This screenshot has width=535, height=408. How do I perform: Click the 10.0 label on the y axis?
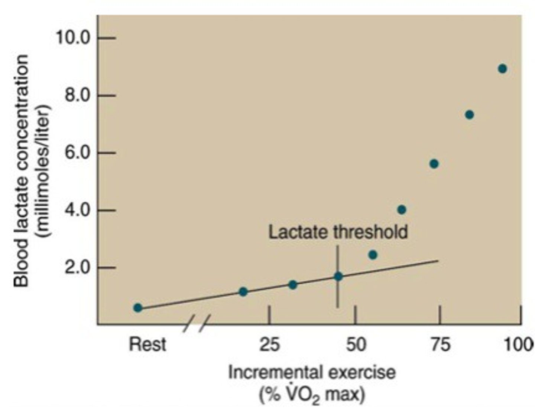click(x=73, y=38)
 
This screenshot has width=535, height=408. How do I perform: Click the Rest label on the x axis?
click(x=147, y=344)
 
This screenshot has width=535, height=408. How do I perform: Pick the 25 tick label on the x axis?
click(x=269, y=345)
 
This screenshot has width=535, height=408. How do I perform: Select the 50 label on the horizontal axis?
click(x=356, y=345)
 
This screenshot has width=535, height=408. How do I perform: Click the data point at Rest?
click(x=138, y=308)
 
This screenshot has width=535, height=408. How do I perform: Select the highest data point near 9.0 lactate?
click(x=502, y=69)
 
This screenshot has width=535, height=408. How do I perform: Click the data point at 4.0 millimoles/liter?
click(x=401, y=210)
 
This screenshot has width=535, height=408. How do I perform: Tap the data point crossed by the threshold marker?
click(x=338, y=276)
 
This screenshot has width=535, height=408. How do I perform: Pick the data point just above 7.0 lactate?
click(x=469, y=115)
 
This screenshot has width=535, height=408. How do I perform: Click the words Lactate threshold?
click(x=338, y=232)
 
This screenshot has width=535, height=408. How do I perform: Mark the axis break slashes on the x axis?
click(x=197, y=323)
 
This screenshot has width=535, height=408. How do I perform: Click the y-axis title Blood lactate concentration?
click(x=21, y=171)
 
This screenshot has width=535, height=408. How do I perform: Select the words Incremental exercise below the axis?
click(x=312, y=372)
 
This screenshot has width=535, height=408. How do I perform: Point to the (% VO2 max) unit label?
click(x=312, y=394)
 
